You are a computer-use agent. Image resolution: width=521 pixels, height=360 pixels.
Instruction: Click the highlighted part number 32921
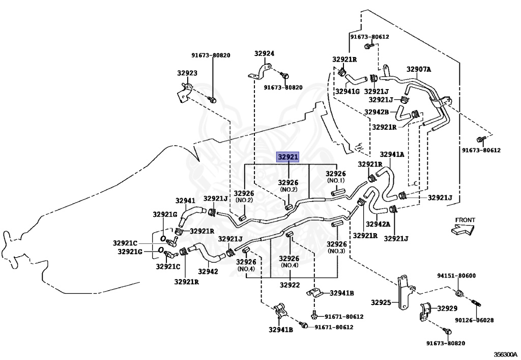[288, 157]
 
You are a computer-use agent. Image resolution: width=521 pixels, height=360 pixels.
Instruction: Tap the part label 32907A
[419, 69]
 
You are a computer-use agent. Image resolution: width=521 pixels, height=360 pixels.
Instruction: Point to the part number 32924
[265, 53]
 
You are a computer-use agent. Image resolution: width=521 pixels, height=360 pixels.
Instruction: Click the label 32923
[187, 73]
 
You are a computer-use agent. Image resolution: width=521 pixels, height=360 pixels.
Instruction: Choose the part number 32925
[381, 302]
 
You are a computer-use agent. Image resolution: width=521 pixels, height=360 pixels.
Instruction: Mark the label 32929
[447, 309]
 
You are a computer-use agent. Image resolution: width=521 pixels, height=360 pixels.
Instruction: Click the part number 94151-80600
[456, 275]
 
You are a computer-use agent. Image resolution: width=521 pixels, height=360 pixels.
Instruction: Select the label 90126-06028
[474, 320]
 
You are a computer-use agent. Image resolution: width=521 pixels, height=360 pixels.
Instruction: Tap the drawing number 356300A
[505, 354]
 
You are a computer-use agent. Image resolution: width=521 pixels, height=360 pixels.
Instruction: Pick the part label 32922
[290, 285]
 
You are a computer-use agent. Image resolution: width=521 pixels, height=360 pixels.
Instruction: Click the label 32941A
[392, 154]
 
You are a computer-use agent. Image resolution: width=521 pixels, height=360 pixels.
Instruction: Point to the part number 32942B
[377, 112]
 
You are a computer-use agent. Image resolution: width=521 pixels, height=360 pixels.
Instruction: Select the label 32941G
[348, 91]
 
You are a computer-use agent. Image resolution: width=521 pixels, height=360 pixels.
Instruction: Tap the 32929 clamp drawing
[425, 312]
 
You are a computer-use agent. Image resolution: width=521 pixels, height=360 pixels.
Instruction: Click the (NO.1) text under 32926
[336, 180]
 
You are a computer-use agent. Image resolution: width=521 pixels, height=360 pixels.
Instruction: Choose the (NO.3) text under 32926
[337, 251]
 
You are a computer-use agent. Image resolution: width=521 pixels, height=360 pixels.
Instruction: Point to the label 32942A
[378, 224]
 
